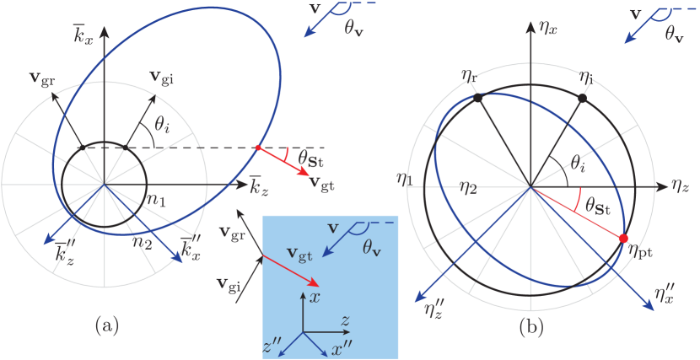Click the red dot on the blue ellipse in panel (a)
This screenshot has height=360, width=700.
[x=258, y=148]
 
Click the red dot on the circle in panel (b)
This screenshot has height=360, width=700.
[x=623, y=239]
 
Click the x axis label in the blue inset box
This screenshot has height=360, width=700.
[x=315, y=298]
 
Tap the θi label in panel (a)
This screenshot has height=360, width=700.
[x=164, y=125]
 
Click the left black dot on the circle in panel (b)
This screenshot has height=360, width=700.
[x=479, y=99]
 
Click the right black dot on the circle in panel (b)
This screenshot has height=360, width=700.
[x=582, y=99]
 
